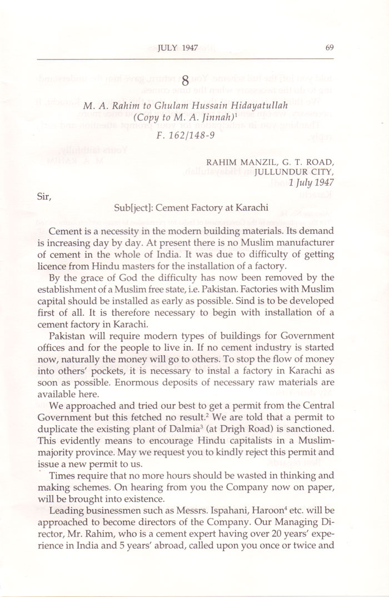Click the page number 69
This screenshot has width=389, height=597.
(x=330, y=48)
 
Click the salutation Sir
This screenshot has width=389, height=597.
(x=42, y=195)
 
